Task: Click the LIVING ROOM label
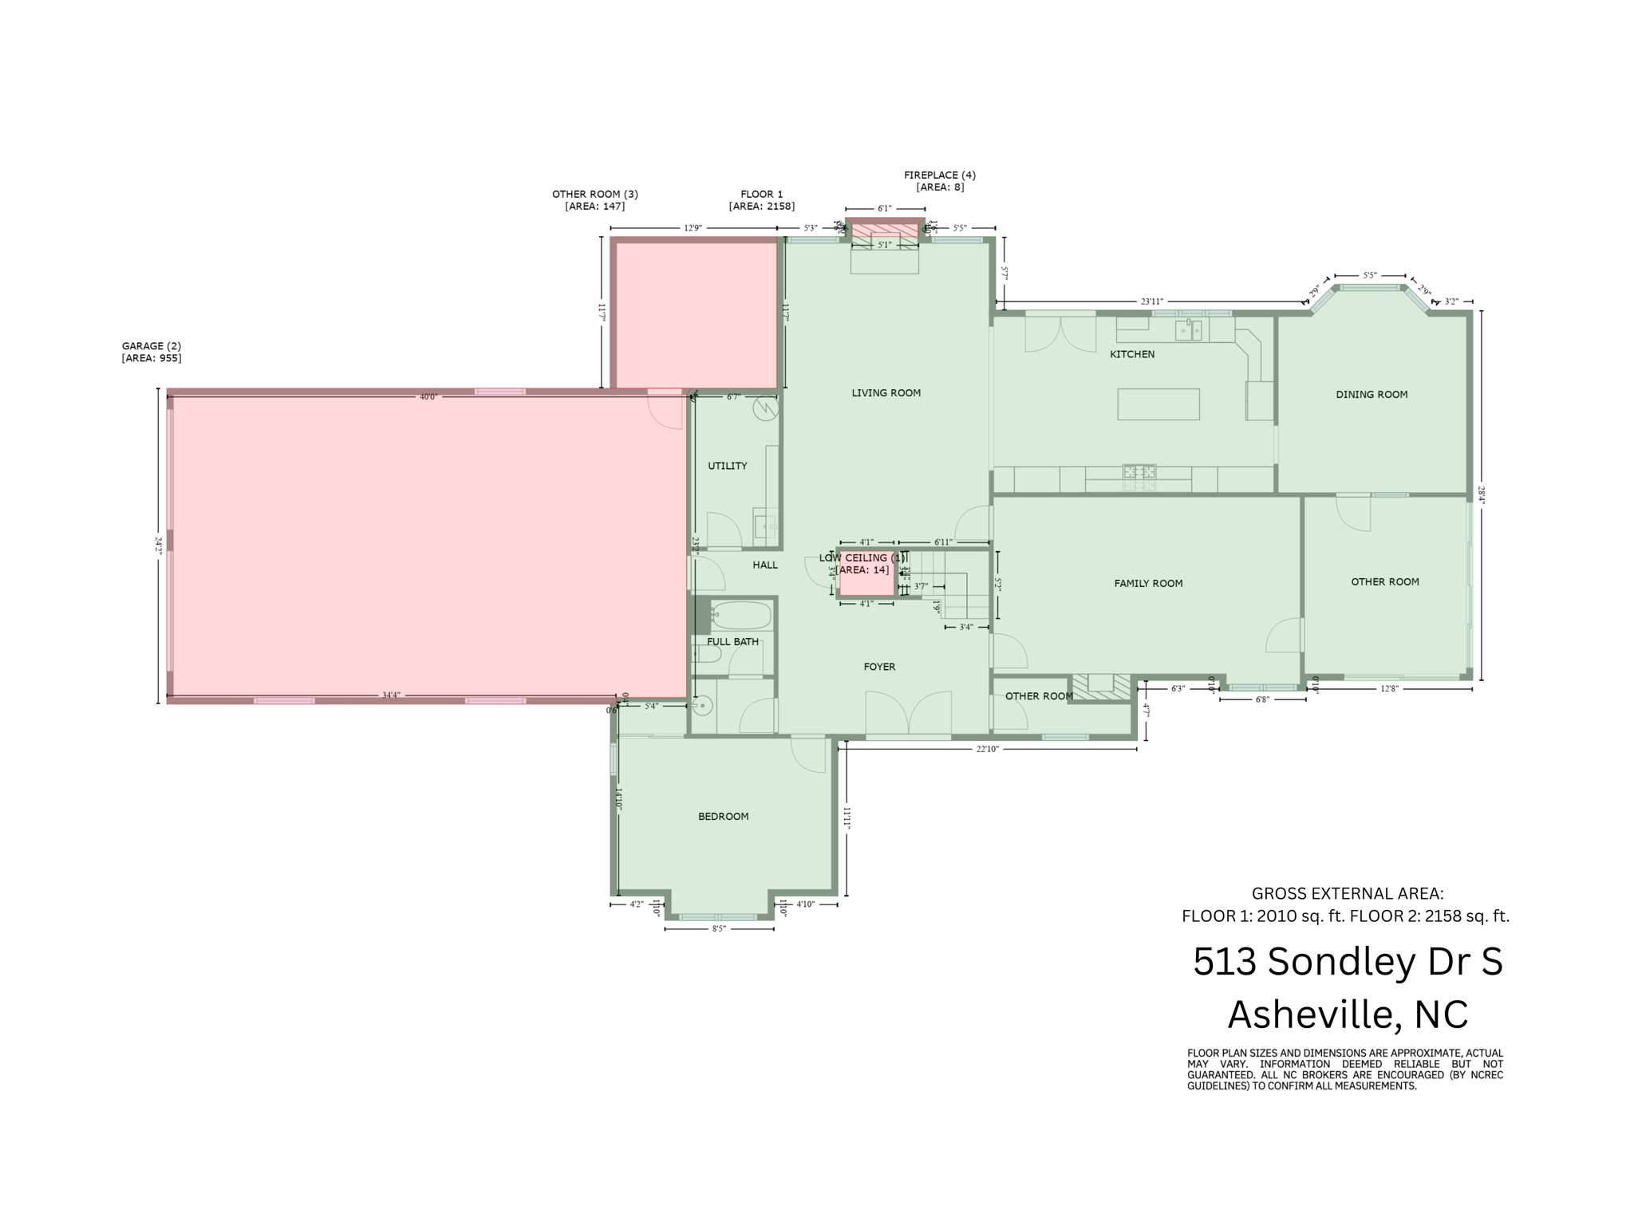[886, 392]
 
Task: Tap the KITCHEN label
[1131, 354]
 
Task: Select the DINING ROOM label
[1372, 394]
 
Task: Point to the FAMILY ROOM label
[1148, 583]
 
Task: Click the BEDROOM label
[723, 816]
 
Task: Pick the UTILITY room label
[727, 466]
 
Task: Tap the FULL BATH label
[732, 641]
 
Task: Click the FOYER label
[879, 667]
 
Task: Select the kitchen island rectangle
[1158, 404]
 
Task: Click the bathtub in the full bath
[741, 616]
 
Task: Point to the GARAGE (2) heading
[152, 346]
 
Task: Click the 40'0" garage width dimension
[428, 396]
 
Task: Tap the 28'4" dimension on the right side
[1481, 495]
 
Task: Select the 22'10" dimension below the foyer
[987, 749]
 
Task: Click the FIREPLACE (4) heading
[939, 175]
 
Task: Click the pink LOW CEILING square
[866, 581]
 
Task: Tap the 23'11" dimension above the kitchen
[1151, 301]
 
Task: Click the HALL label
[764, 565]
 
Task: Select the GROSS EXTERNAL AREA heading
[1347, 893]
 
